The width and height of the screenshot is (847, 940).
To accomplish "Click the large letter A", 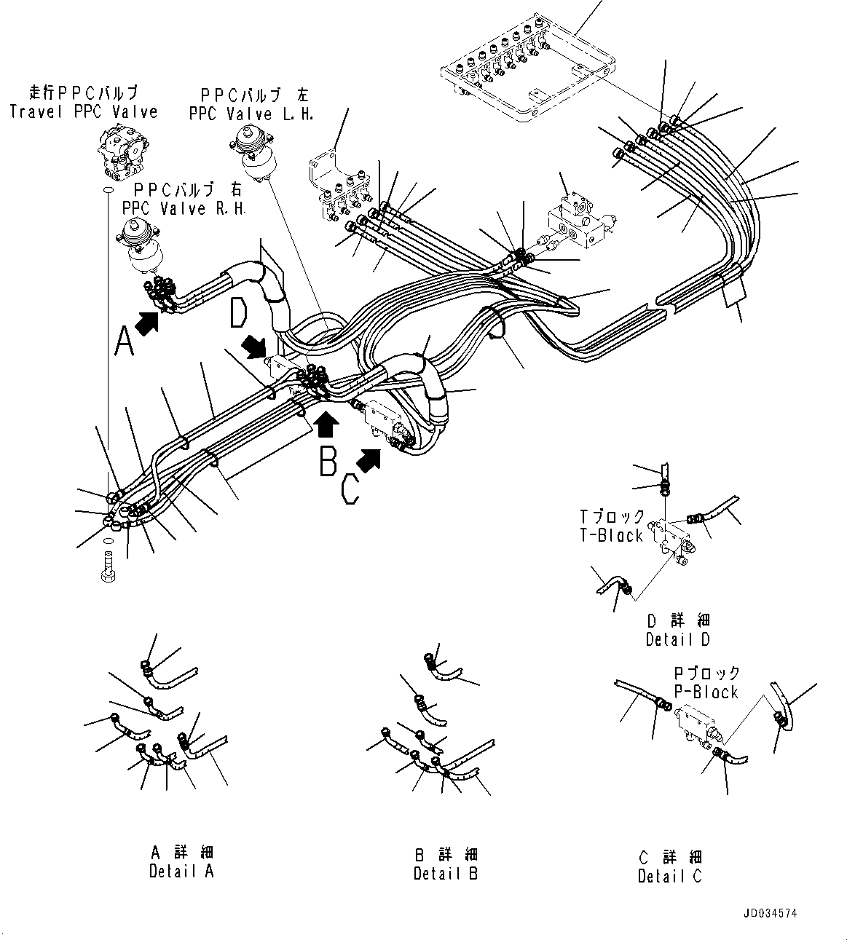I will (125, 341).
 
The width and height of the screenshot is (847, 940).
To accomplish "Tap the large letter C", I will (350, 488).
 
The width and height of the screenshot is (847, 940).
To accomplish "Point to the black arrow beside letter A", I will (149, 322).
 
